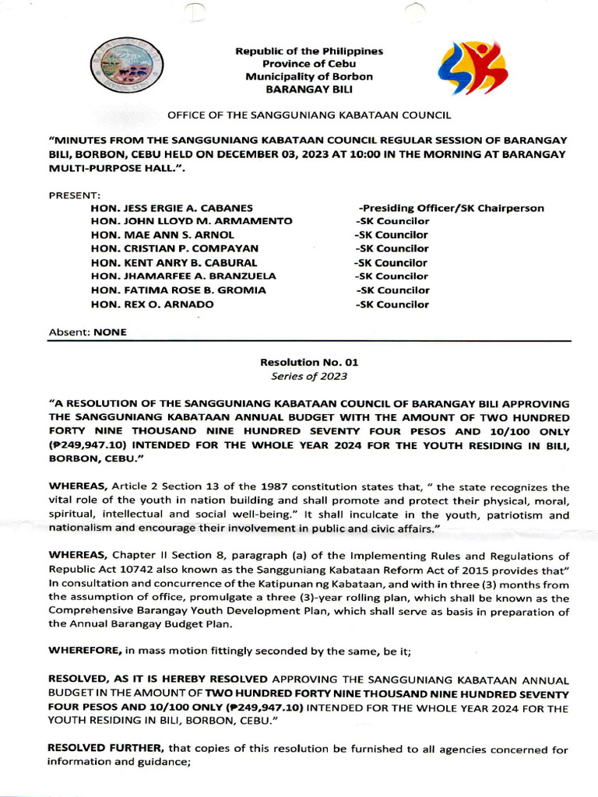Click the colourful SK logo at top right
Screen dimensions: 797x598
click(x=473, y=68)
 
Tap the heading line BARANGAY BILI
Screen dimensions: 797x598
click(x=309, y=90)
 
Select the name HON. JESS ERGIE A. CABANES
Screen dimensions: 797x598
click(x=172, y=208)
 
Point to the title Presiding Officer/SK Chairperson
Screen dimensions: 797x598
click(x=451, y=208)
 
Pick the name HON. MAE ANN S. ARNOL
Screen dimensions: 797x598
click(x=162, y=234)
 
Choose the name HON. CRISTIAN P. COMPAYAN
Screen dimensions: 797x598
click(x=172, y=248)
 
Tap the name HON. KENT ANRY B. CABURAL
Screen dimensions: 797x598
click(x=174, y=262)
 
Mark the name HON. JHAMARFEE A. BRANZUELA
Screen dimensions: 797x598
click(x=183, y=276)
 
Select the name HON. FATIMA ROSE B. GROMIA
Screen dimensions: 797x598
click(x=178, y=290)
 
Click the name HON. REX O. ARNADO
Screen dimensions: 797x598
click(x=152, y=304)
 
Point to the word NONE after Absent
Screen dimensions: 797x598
click(x=110, y=332)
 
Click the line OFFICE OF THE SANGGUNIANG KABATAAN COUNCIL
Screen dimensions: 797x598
click(x=309, y=115)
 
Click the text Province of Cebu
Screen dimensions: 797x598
click(x=309, y=64)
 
